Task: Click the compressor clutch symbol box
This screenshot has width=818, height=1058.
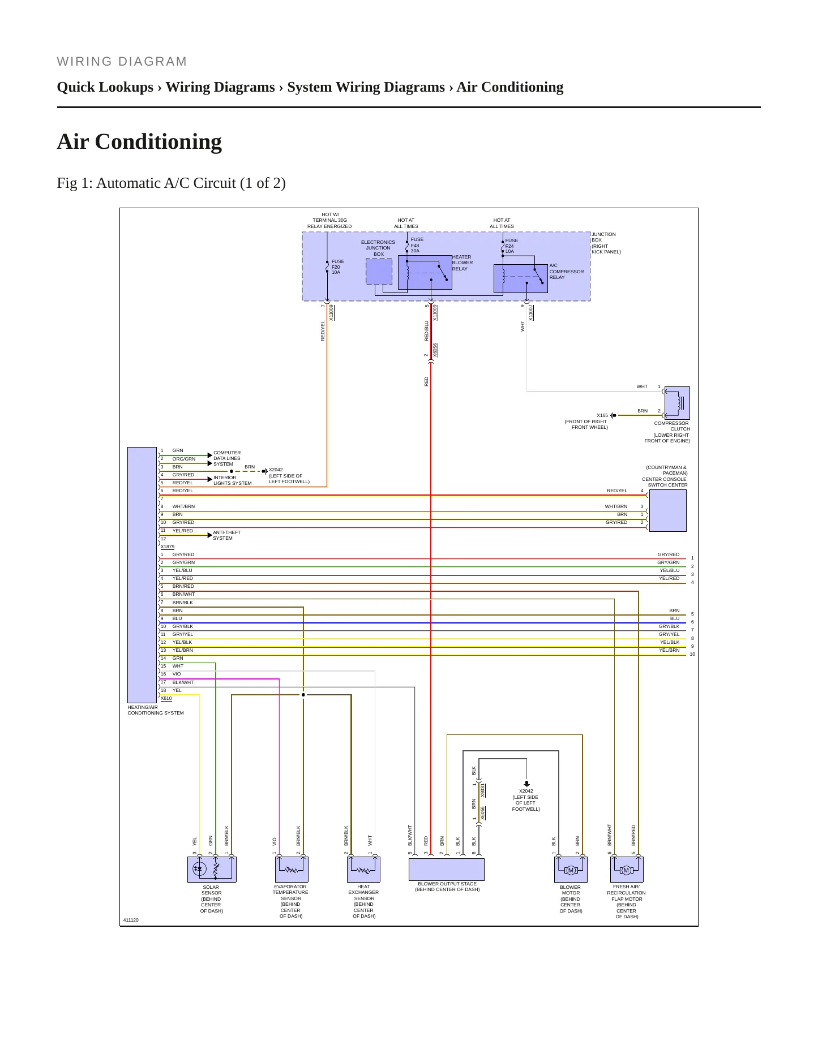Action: pyautogui.click(x=677, y=403)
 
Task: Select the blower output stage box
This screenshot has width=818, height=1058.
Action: pyautogui.click(x=447, y=870)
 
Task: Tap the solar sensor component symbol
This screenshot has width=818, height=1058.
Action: pyautogui.click(x=212, y=870)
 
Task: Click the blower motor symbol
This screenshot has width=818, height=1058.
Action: pyautogui.click(x=571, y=870)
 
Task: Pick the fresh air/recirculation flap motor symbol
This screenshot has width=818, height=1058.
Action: pyautogui.click(x=627, y=870)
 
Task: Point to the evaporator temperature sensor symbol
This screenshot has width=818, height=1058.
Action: pyautogui.click(x=292, y=870)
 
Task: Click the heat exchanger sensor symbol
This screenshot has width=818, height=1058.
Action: pyautogui.click(x=363, y=870)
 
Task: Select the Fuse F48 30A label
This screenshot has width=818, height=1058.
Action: pyautogui.click(x=417, y=245)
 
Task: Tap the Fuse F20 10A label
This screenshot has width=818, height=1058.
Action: pyautogui.click(x=338, y=267)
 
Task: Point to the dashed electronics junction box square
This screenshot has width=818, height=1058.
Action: pyautogui.click(x=379, y=272)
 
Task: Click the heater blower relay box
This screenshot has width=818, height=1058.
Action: pyautogui.click(x=425, y=272)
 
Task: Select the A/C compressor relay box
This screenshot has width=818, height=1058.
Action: pyautogui.click(x=521, y=278)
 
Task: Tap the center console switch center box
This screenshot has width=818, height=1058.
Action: pyautogui.click(x=668, y=510)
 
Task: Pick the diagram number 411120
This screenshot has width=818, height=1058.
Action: pyautogui.click(x=131, y=920)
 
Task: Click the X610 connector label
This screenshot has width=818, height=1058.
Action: pyautogui.click(x=166, y=698)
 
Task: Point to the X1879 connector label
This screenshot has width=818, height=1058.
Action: pyautogui.click(x=168, y=547)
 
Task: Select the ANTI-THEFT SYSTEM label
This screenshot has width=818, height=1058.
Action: pyautogui.click(x=227, y=535)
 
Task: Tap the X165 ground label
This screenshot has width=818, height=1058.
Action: pyautogui.click(x=602, y=415)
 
